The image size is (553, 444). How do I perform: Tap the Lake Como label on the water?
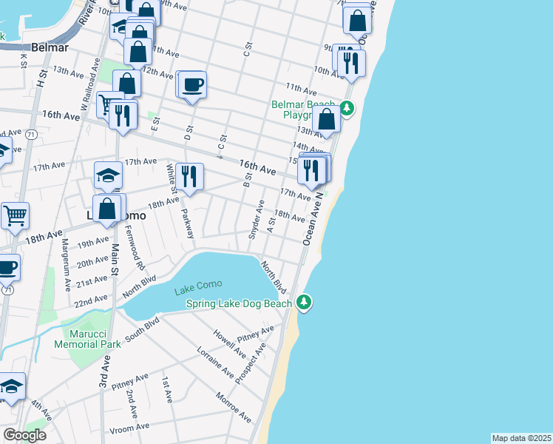(198, 291)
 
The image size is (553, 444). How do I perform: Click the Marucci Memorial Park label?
(87, 339)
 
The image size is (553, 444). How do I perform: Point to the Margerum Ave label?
(65, 263)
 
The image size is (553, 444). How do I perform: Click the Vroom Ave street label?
(128, 427)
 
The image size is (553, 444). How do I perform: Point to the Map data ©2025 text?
(521, 438)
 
